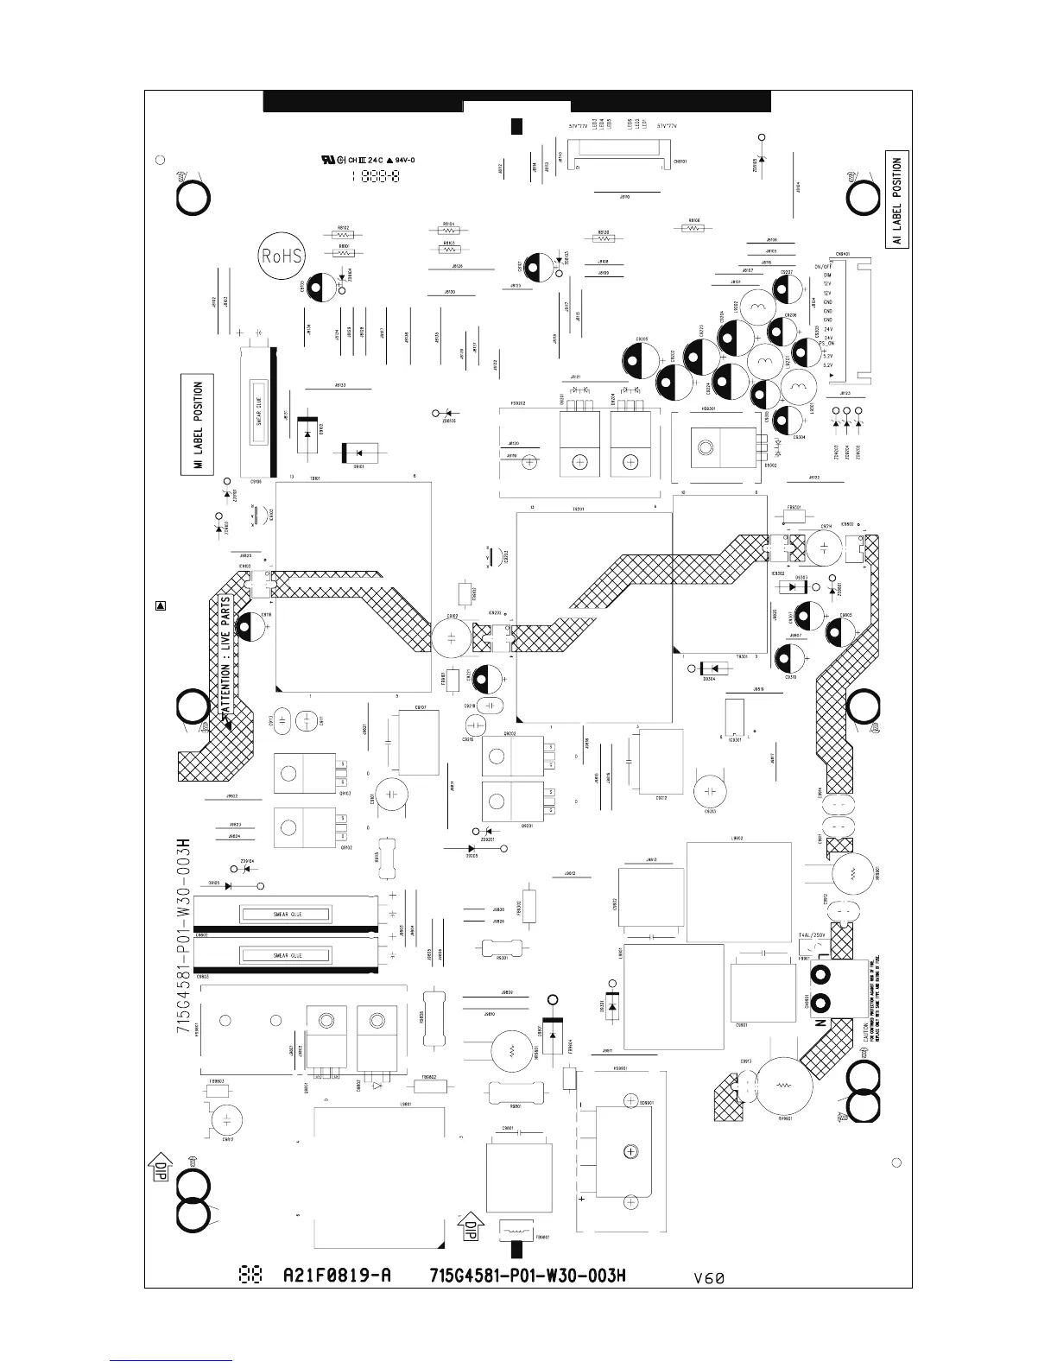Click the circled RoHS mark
tap(282, 256)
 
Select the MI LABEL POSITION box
tap(198, 426)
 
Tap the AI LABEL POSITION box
tap(897, 199)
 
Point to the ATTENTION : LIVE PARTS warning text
tap(225, 653)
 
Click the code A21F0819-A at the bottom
tap(337, 1276)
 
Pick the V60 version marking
tap(708, 1278)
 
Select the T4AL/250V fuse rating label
tap(813, 935)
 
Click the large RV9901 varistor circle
tap(782, 1086)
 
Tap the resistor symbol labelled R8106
tap(693, 228)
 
